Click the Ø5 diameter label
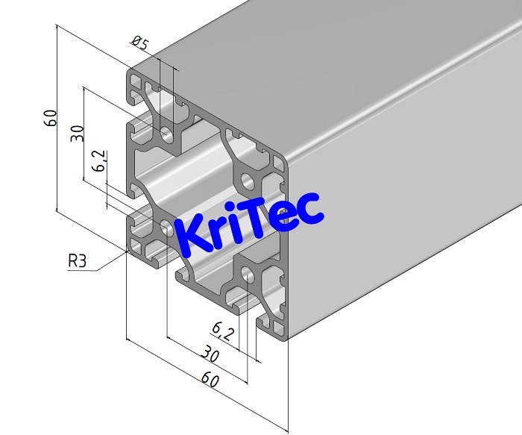pos(139,43)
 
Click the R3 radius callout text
pos(78,261)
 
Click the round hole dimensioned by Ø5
pos(166,134)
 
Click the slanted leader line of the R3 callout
pos(111,260)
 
